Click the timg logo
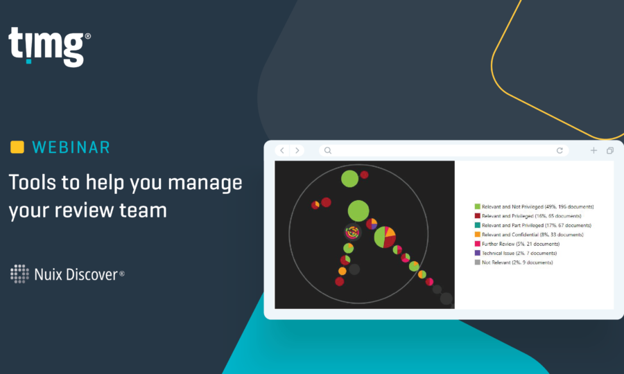click(49, 46)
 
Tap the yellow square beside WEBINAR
click(17, 147)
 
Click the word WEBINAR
click(71, 148)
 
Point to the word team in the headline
click(144, 211)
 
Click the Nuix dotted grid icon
click(19, 274)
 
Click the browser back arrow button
click(282, 150)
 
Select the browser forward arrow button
click(297, 150)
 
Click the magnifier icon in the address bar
click(327, 150)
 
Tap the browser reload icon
click(560, 150)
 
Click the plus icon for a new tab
click(593, 150)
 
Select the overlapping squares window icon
click(610, 150)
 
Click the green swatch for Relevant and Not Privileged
click(478, 206)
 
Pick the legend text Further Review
click(497, 244)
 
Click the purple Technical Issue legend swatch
click(478, 253)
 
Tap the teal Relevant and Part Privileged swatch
click(478, 225)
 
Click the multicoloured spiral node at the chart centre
click(353, 233)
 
